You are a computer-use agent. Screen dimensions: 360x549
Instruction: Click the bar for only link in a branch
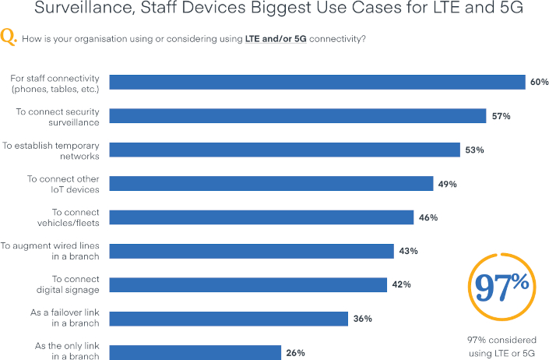click(195, 352)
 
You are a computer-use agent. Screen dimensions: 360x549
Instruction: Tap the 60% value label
click(540, 82)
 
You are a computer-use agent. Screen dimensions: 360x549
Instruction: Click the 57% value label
click(501, 116)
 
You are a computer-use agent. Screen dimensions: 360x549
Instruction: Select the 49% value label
click(447, 184)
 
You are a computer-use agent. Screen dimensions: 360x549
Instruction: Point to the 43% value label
click(408, 251)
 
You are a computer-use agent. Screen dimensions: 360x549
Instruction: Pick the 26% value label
click(295, 352)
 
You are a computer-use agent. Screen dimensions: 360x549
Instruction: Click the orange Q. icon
click(11, 37)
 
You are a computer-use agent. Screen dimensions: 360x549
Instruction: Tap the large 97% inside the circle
click(502, 288)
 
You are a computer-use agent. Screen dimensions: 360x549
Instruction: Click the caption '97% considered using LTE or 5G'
click(502, 347)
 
